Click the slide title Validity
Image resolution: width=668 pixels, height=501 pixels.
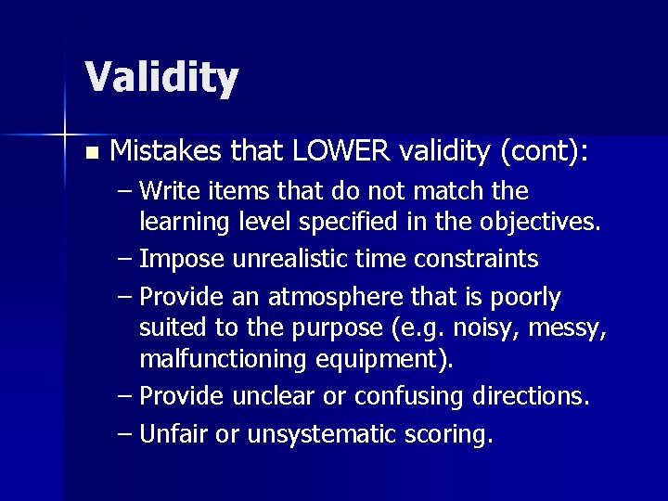(161, 77)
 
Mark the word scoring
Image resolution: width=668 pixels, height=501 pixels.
(443, 434)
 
